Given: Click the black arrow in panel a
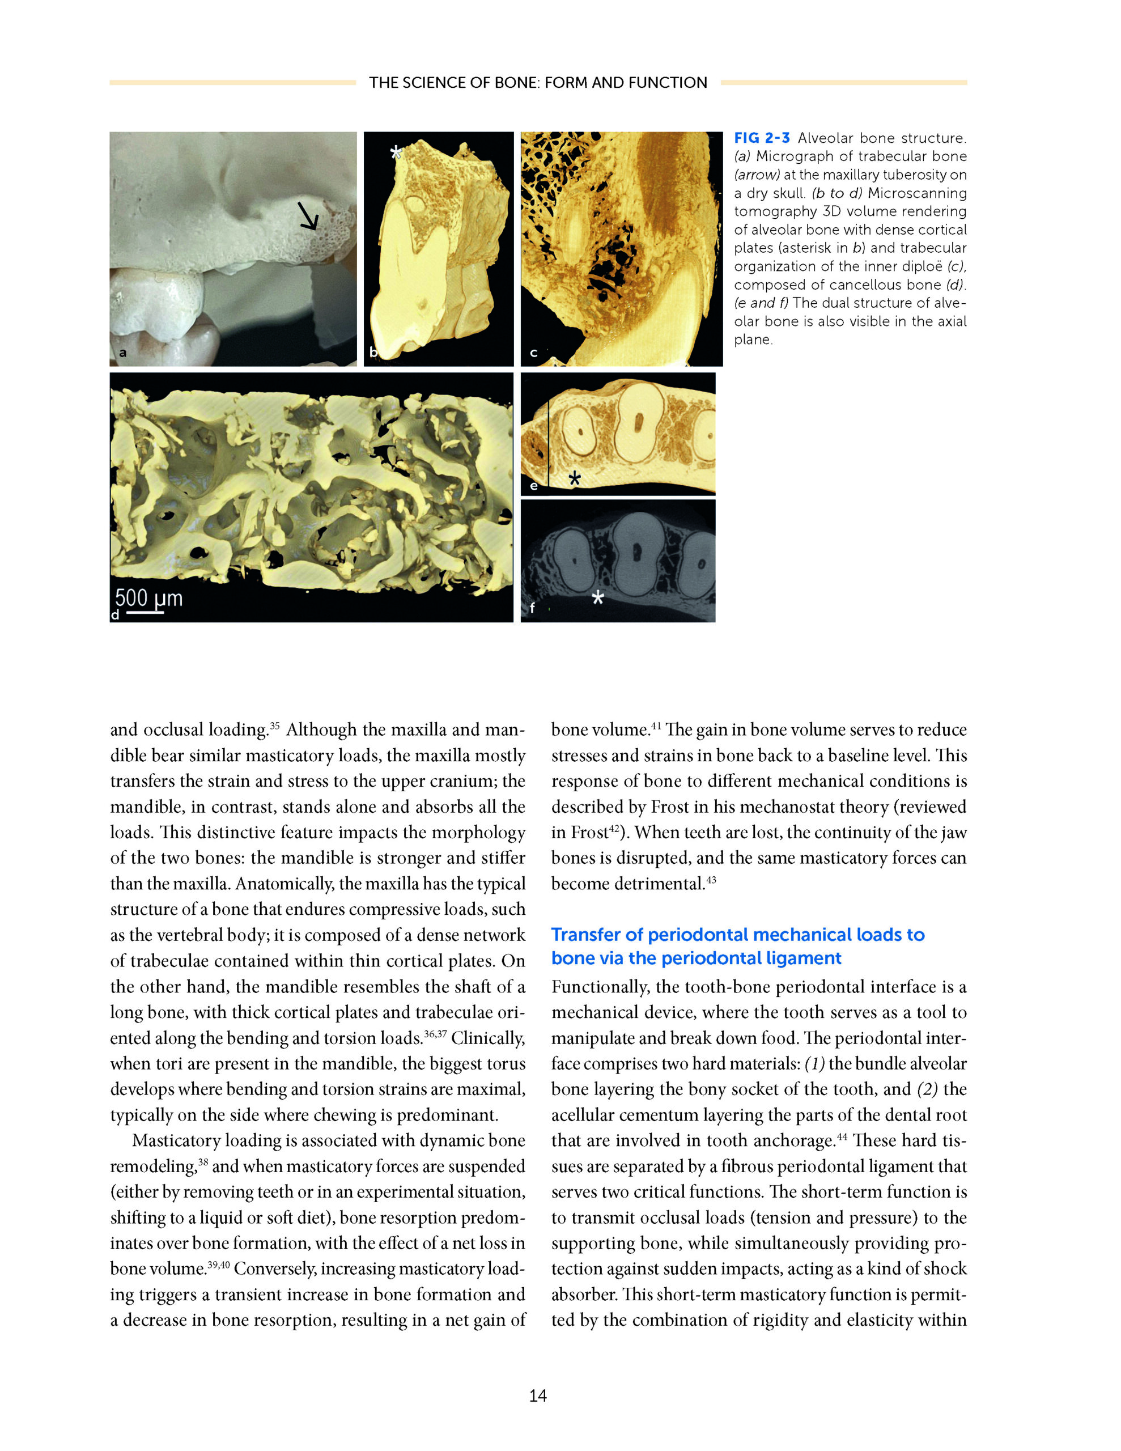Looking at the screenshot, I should click(x=308, y=216).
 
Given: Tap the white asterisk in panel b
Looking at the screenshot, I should click(x=396, y=152).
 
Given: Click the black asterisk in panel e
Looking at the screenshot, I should click(x=575, y=478).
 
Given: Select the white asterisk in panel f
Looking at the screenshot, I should click(x=597, y=597).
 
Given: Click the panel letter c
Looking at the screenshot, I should click(x=533, y=353).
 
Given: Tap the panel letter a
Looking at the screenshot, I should click(x=122, y=353).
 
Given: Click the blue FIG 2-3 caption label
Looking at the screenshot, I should click(x=762, y=138).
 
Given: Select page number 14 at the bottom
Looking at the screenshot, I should click(x=538, y=1395).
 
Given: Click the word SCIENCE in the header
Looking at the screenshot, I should click(x=435, y=82).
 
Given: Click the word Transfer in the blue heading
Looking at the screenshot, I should click(x=586, y=935).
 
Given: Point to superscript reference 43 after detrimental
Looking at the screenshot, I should click(x=711, y=880).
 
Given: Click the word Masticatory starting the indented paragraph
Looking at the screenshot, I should click(x=176, y=1141).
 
